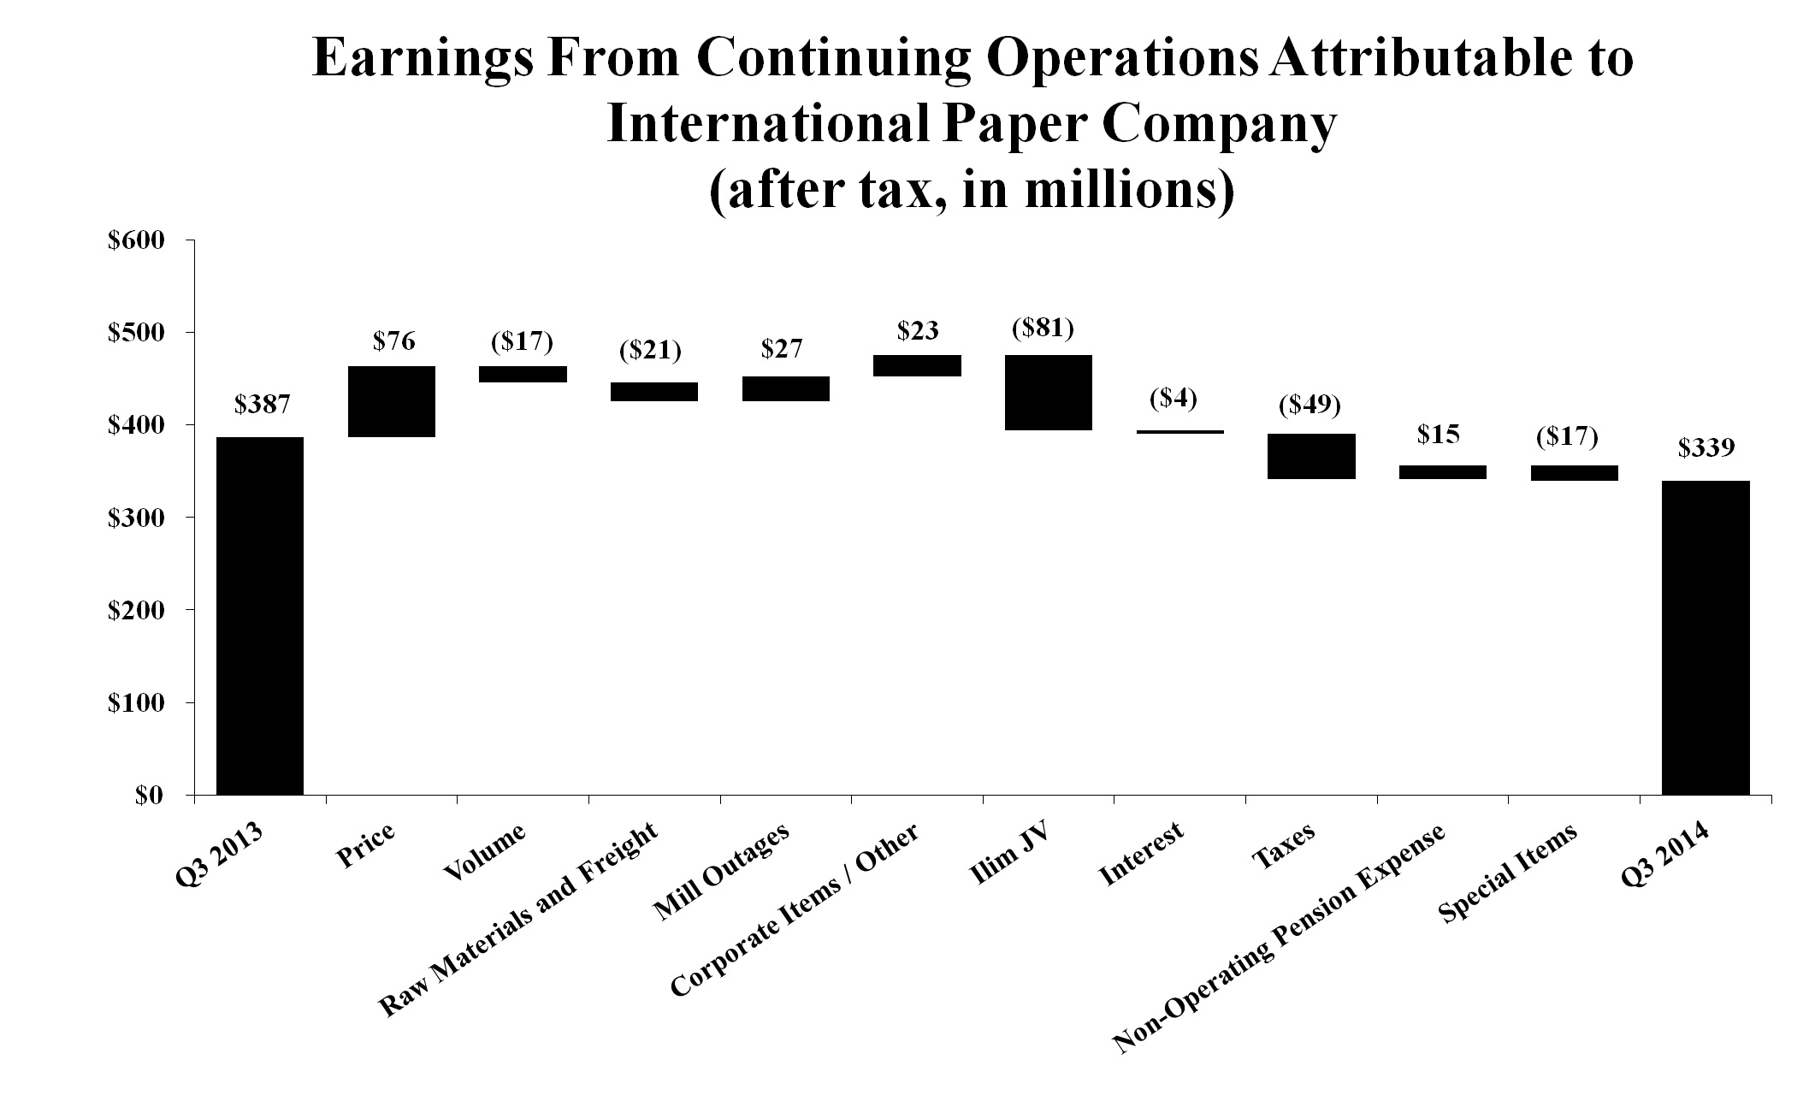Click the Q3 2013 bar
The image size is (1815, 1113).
point(260,615)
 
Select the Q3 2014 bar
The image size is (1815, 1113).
point(1706,637)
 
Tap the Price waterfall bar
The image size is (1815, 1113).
point(392,401)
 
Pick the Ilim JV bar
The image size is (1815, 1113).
point(1049,392)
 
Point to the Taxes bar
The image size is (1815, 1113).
point(1311,456)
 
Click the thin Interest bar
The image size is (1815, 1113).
point(1180,432)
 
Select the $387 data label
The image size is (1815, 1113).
point(263,405)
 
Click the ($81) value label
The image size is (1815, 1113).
point(1043,329)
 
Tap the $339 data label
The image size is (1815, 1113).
point(1706,448)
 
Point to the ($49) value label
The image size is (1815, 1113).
point(1310,405)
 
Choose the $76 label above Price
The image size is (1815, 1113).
point(393,341)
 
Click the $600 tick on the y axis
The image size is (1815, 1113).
point(135,240)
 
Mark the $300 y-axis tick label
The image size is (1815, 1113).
point(135,518)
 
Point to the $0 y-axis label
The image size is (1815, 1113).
point(149,796)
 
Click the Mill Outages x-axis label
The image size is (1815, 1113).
point(719,873)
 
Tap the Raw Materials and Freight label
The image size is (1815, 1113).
point(518,921)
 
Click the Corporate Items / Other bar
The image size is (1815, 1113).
point(917,365)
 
